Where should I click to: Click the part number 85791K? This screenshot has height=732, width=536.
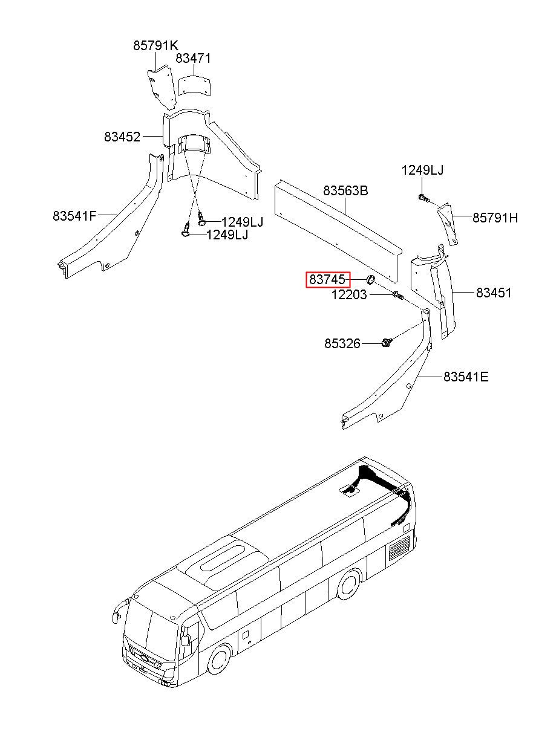point(156,45)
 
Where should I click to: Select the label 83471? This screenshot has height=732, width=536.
point(193,59)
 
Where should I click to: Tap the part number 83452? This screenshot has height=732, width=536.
point(122,137)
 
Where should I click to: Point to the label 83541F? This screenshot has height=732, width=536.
point(74,215)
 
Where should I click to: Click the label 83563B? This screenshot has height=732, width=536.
point(345,191)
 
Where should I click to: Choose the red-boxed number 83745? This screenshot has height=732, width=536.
point(328,280)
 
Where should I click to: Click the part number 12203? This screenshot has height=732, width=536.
point(349,295)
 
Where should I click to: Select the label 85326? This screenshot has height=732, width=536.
point(342,344)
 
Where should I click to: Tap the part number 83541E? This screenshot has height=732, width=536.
point(466,377)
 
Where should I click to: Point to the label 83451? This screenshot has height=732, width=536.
point(494,293)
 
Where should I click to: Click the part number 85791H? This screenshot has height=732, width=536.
point(495,218)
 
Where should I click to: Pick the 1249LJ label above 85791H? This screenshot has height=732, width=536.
point(422,170)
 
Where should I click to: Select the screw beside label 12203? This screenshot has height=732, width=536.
point(397,296)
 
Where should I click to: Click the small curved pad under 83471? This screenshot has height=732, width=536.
point(194,83)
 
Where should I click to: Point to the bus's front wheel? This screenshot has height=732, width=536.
point(218,658)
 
